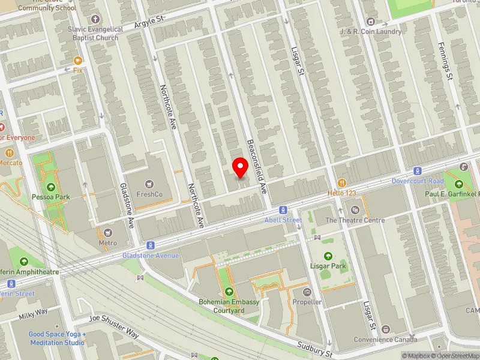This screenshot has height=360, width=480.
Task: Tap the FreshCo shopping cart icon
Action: pos(149,183)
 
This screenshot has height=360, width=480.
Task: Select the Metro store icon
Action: pos(108,232)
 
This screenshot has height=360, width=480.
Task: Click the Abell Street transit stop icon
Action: pos(283,210)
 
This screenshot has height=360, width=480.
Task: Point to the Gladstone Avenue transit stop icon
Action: pos(151,245)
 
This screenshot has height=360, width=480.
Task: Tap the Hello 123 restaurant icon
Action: pos(342,182)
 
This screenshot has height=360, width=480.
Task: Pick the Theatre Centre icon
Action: pos(355,209)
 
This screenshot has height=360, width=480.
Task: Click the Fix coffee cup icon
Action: pos(77,60)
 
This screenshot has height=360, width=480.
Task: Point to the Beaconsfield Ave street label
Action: pos(256,166)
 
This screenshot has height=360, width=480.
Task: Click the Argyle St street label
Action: pos(149,22)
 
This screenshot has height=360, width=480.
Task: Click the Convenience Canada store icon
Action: pos(385,329)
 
